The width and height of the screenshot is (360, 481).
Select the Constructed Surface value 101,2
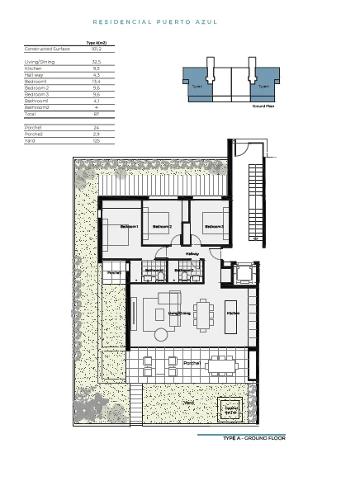click(96, 50)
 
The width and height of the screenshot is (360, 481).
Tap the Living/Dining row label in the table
click(39, 62)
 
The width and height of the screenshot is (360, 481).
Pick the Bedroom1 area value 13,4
click(96, 82)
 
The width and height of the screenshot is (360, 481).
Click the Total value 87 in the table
click(96, 113)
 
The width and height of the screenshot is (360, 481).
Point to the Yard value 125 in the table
click(96, 140)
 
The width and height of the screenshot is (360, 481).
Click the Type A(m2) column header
click(97, 42)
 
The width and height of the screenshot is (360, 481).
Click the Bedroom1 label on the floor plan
click(130, 226)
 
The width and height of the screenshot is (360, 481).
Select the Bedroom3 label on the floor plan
click(214, 226)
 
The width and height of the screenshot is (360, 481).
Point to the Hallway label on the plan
click(192, 253)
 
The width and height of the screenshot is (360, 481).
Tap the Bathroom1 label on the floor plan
click(154, 270)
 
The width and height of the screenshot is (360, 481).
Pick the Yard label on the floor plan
click(188, 403)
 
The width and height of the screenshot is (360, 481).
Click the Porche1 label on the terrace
click(192, 363)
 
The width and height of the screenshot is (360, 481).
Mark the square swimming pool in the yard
click(231, 410)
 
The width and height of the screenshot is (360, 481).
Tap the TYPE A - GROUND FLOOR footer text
click(253, 438)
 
